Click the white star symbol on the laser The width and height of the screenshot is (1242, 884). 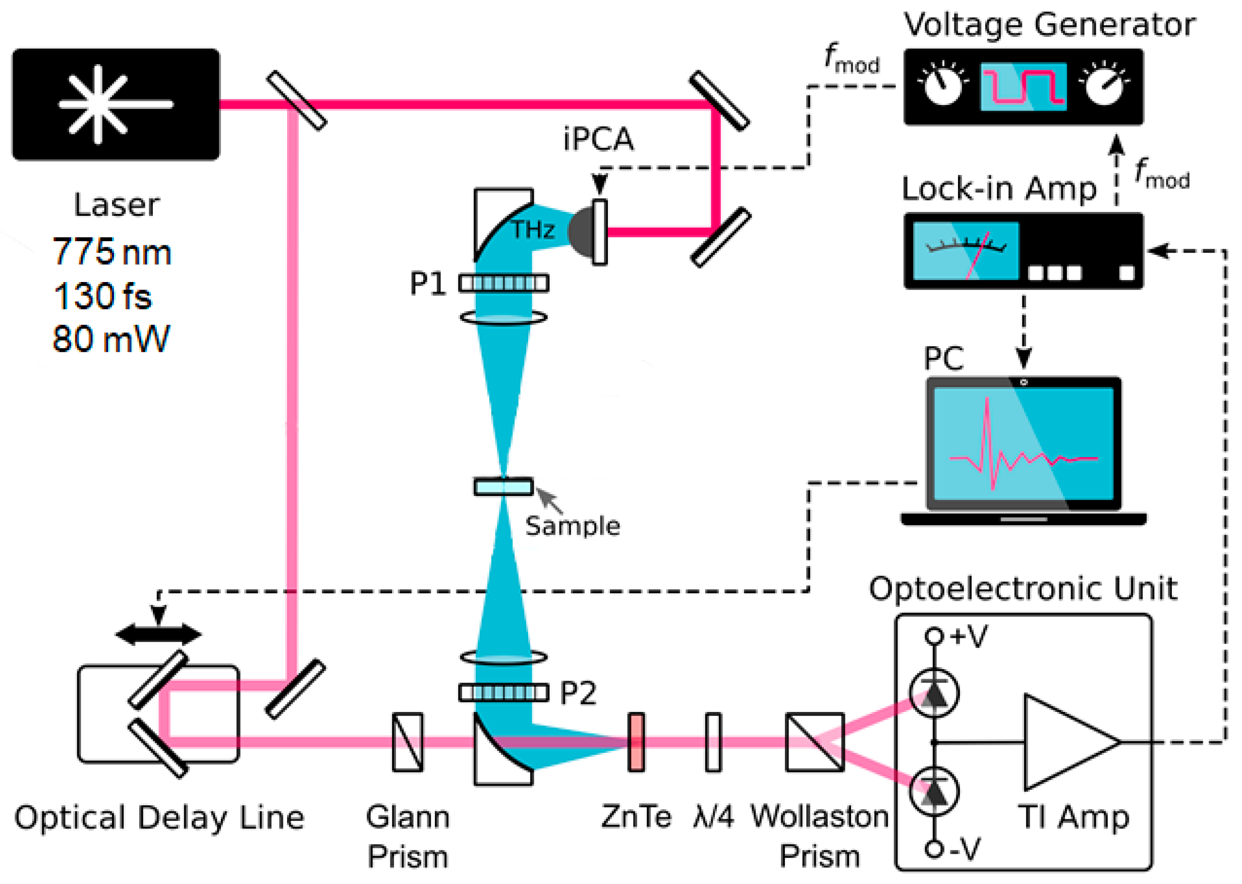click(x=98, y=104)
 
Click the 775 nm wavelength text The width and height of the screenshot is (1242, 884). click(x=111, y=252)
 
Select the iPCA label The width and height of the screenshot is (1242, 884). click(x=598, y=139)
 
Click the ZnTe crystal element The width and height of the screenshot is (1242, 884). click(x=636, y=742)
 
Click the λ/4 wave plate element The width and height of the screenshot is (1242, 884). click(x=713, y=742)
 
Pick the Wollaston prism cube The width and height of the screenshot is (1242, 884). click(x=815, y=742)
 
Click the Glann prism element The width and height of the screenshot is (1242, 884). click(x=408, y=742)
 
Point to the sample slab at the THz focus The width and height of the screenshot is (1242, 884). click(x=503, y=486)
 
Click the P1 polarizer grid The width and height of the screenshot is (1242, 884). click(x=503, y=283)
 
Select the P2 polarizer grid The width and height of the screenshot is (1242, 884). click(x=503, y=692)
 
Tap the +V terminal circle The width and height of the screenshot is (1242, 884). click(x=934, y=636)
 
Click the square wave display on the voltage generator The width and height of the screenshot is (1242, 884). click(x=1023, y=87)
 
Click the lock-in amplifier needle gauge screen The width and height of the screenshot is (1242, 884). click(x=966, y=251)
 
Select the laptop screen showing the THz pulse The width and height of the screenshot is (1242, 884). click(x=1023, y=444)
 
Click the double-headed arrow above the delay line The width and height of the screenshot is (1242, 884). click(x=158, y=634)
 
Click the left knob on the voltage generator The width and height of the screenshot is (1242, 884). click(x=943, y=85)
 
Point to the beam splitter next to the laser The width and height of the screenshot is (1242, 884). click(x=297, y=101)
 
